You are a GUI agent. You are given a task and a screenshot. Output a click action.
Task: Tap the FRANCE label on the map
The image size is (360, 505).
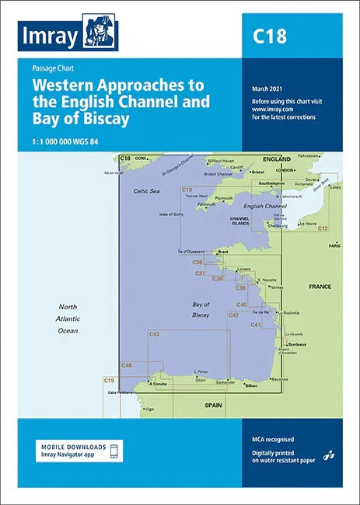(320, 287)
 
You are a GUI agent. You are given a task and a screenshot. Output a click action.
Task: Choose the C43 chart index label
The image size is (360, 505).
(154, 334)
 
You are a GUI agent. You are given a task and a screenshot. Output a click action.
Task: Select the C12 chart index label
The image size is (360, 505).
(322, 228)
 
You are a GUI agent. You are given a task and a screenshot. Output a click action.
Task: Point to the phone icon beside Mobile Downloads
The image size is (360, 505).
(114, 451)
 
